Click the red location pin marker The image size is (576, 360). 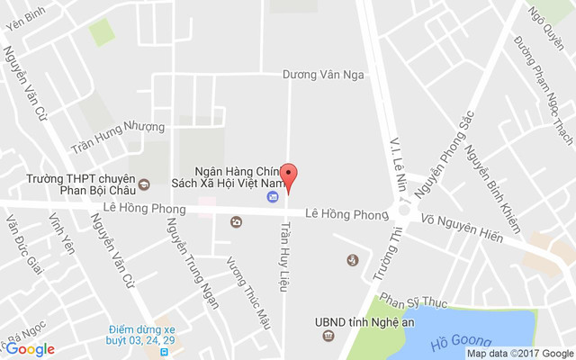click(x=289, y=176)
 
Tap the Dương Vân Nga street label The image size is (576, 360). click(x=323, y=75)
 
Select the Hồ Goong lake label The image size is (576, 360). click(x=462, y=340)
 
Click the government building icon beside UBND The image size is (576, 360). click(x=328, y=337)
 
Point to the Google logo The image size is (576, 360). click(x=30, y=349)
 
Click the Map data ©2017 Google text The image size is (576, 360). click(x=519, y=353)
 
